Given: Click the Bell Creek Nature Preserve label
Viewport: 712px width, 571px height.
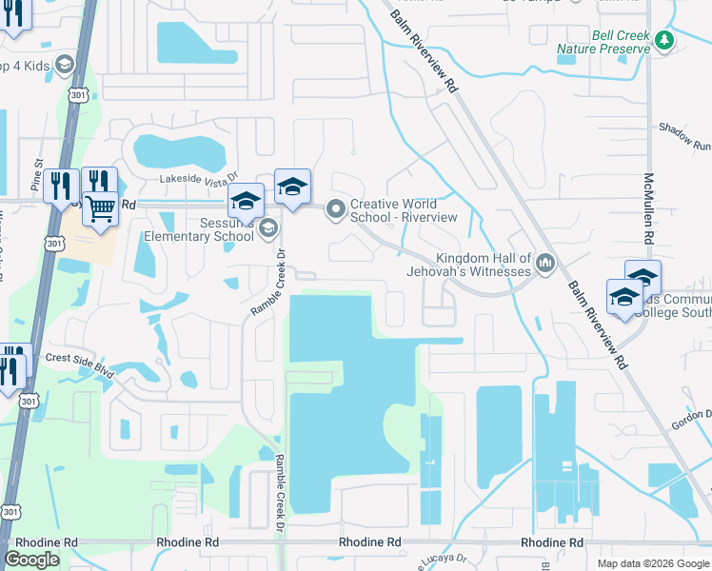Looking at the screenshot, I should click(x=620, y=41).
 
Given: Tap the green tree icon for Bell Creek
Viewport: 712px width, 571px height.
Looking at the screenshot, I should click(x=664, y=39).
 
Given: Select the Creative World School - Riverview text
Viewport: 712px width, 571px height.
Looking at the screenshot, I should click(x=404, y=210).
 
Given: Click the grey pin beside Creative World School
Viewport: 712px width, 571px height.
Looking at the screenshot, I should click(x=335, y=209).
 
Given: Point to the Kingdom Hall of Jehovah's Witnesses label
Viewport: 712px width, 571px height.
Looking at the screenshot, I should click(x=483, y=265).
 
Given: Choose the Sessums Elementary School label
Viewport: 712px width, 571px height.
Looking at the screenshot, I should click(x=197, y=228).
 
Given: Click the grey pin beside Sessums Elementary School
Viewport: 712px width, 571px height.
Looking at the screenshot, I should click(x=268, y=226).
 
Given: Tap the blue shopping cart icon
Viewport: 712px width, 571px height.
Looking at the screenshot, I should click(x=100, y=207).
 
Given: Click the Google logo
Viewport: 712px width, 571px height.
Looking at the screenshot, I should click(x=31, y=560).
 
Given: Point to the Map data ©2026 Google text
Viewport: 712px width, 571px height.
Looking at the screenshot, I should click(x=653, y=563).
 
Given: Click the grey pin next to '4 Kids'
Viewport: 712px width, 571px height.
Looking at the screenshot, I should click(x=65, y=65).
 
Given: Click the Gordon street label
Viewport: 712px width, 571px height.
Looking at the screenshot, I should click(x=693, y=413).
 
